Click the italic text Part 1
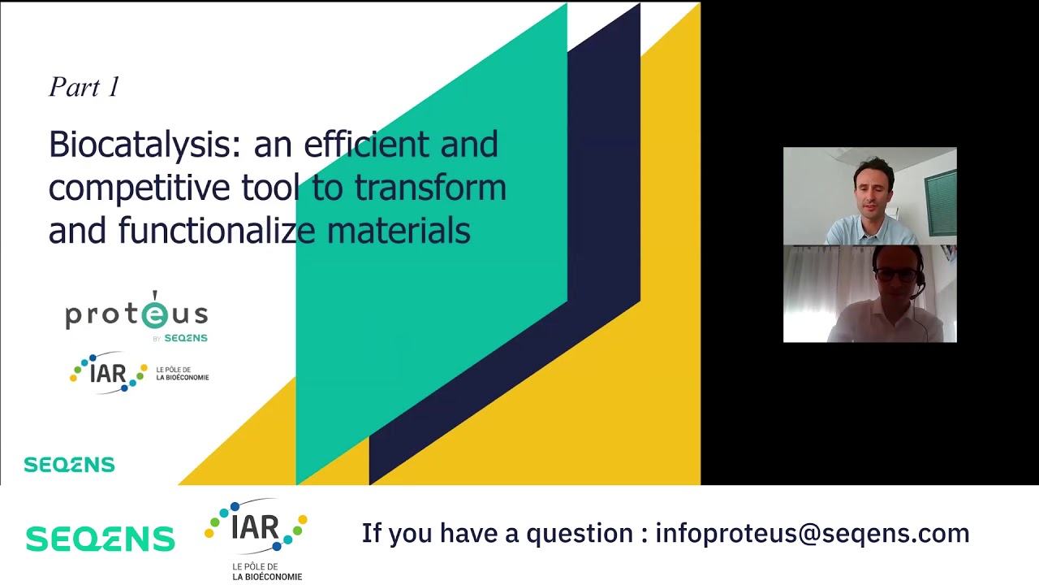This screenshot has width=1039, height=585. coord(84,87)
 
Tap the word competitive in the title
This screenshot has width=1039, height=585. coord(139,188)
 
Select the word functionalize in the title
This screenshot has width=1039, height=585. coord(217,231)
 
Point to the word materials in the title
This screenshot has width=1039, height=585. coord(399,231)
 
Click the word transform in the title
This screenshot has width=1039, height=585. coord(430,188)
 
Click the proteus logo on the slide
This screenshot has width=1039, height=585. coord(136,314)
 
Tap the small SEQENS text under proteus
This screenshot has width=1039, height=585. coord(186,338)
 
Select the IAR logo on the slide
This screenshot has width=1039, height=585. coord(109,374)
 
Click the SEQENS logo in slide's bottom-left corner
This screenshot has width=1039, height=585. coord(69,465)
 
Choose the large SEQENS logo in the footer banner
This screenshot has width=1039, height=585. coord(100,539)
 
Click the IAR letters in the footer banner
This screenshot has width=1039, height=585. coord(256,526)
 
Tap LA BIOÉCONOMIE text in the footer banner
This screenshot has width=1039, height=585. coord(267,577)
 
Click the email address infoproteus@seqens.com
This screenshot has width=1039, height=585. coord(812,534)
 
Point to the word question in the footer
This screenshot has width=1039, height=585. coord(580,534)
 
